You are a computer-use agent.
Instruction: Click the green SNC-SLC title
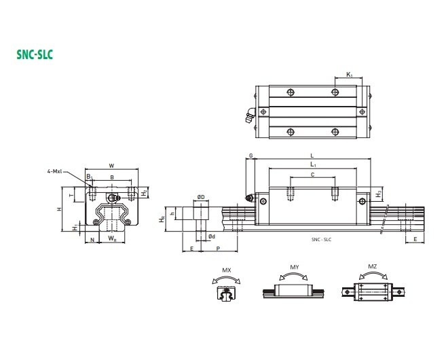click(35, 53)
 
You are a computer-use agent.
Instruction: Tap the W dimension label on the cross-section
click(111, 165)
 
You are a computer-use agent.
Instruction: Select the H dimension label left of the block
click(60, 209)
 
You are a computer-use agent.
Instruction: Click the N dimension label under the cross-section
click(92, 238)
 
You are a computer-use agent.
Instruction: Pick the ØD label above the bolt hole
click(201, 197)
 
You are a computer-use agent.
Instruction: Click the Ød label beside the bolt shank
click(212, 236)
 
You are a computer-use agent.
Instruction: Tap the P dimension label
click(218, 249)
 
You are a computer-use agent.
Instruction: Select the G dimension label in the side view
click(250, 156)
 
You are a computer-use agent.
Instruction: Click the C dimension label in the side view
click(312, 175)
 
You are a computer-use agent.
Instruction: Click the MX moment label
click(227, 270)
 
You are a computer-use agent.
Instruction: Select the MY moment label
click(295, 267)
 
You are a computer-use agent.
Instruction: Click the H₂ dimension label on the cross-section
click(144, 193)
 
